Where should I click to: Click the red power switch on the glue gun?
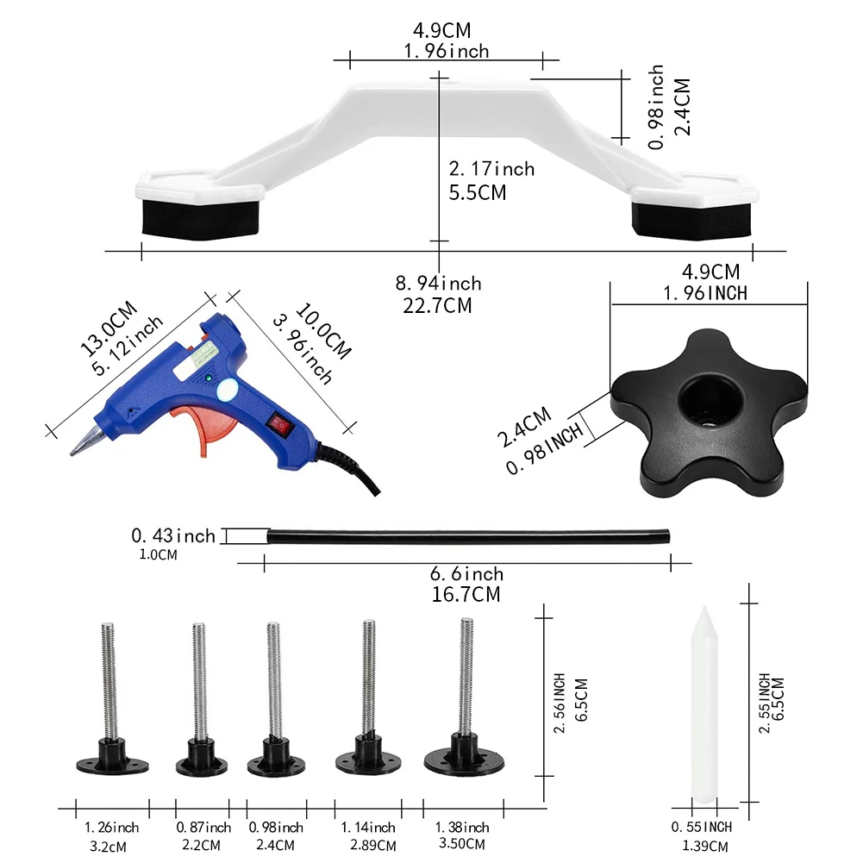pyautogui.click(x=281, y=425)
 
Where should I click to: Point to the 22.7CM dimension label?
pyautogui.click(x=438, y=305)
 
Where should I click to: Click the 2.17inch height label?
pyautogui.click(x=491, y=168)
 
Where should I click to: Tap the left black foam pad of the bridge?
pyautogui.click(x=200, y=218)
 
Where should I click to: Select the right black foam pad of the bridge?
pyautogui.click(x=691, y=220)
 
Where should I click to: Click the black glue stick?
pyautogui.click(x=468, y=536)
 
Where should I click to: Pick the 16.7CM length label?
pyautogui.click(x=466, y=595)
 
